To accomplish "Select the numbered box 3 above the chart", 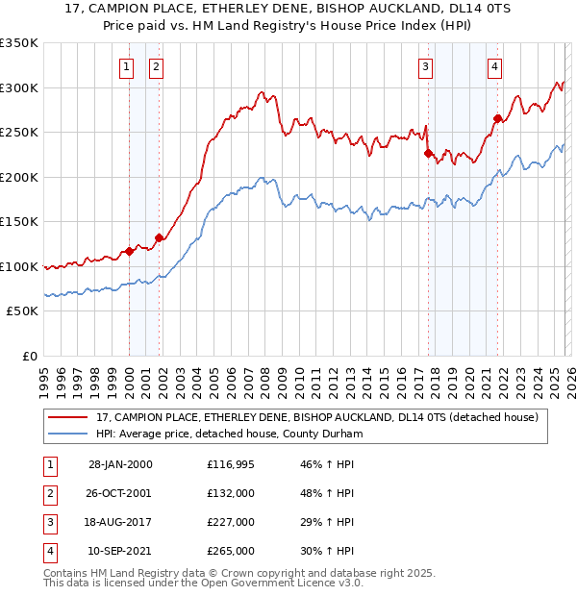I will click(x=425, y=67).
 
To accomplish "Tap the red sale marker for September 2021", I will click(x=497, y=119).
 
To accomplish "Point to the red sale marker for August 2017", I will click(x=428, y=153).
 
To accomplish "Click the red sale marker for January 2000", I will click(x=129, y=252).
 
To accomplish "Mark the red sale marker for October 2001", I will click(x=159, y=238).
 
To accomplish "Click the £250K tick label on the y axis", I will click(x=19, y=133).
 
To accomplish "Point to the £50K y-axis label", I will click(x=23, y=311).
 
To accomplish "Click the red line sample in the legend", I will click(x=68, y=417).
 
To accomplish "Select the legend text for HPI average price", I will click(x=229, y=434).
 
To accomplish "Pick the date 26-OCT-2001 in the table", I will click(x=120, y=493).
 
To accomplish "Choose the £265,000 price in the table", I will click(x=231, y=551).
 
